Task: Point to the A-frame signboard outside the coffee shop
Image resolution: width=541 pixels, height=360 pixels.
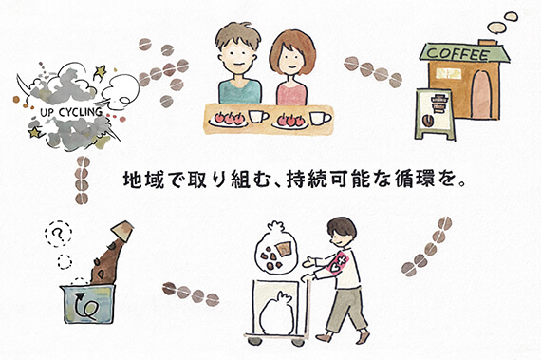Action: click(x=430, y=108)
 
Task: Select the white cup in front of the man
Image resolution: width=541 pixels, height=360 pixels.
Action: click(x=256, y=115)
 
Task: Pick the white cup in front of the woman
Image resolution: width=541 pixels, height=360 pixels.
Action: click(x=319, y=115)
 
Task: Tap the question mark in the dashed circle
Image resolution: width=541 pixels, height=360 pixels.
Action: click(x=61, y=233)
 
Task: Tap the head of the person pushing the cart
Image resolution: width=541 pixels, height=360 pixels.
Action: click(x=343, y=233)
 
